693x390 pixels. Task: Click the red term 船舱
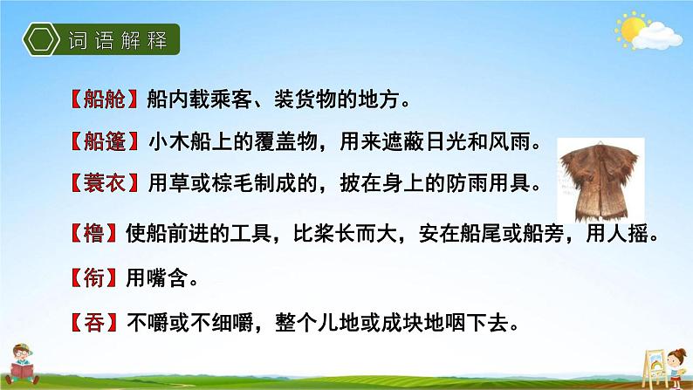coord(105,99)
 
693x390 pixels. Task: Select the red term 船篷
coord(105,141)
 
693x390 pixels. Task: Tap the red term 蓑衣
coord(105,183)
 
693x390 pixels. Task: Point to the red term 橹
coord(93,233)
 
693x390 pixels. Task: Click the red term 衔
coord(93,278)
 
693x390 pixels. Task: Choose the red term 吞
coord(94,323)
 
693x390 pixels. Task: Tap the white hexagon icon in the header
coord(41,39)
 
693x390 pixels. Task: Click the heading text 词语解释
coord(118,40)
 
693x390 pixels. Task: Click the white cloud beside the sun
coord(657,37)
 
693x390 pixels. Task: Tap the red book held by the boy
coord(22,371)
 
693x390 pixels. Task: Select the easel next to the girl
coord(654,367)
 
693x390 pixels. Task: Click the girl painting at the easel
coord(676,367)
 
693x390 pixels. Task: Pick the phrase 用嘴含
coord(157,278)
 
